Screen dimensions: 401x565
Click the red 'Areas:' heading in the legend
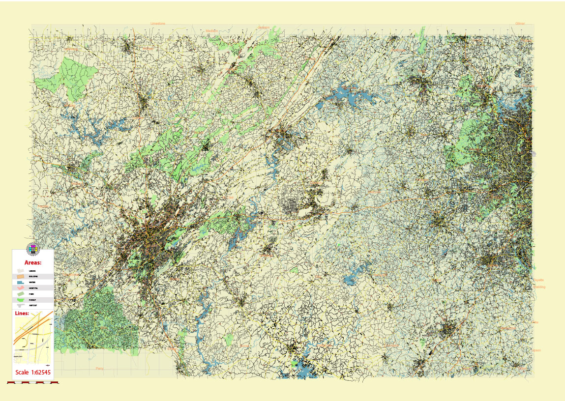pyautogui.click(x=33, y=262)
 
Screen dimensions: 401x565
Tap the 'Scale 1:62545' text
pyautogui.click(x=33, y=372)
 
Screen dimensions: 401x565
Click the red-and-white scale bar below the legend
pyautogui.click(x=33, y=381)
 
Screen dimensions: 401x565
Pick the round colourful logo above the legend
pyautogui.click(x=33, y=249)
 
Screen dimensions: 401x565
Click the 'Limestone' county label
pyautogui.click(x=158, y=23)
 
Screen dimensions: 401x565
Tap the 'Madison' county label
pyautogui.click(x=211, y=30)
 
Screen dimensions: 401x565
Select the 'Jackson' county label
pyautogui.click(x=264, y=28)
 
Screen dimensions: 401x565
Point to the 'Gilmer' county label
pyautogui.click(x=520, y=23)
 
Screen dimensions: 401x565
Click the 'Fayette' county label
pyautogui.click(x=538, y=280)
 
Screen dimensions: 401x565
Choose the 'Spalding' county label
pyautogui.click(x=539, y=286)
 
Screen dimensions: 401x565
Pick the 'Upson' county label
pyautogui.click(x=536, y=350)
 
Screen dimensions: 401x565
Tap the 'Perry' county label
pyautogui.click(x=99, y=368)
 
